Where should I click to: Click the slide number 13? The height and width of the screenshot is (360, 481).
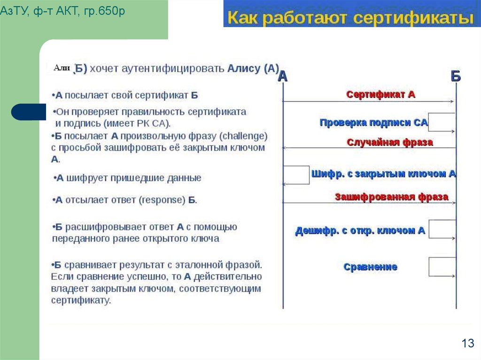point(467,344)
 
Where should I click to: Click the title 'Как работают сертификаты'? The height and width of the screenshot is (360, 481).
point(350,18)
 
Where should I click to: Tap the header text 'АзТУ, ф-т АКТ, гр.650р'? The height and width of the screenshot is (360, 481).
point(62,11)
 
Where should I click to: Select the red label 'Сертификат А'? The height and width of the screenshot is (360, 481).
point(380,94)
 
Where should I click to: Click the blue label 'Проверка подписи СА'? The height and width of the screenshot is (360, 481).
point(373,123)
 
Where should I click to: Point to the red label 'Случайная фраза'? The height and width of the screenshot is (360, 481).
point(389,142)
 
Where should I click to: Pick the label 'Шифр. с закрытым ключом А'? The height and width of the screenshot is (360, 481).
point(383,174)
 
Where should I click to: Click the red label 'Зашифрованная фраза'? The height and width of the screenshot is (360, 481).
point(391,197)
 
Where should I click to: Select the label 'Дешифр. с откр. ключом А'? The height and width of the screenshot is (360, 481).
point(360,230)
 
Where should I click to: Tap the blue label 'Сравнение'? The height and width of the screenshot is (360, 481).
point(370,267)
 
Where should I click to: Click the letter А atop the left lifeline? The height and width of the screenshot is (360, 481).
point(282,77)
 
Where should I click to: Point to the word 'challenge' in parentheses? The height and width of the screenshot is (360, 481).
point(243,136)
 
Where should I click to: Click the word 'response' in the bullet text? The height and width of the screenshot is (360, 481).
point(162,200)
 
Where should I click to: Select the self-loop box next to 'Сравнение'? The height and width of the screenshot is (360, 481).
point(442,267)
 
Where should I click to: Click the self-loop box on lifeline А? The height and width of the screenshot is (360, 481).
point(296,175)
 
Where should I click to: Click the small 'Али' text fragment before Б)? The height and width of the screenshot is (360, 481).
point(62,68)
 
